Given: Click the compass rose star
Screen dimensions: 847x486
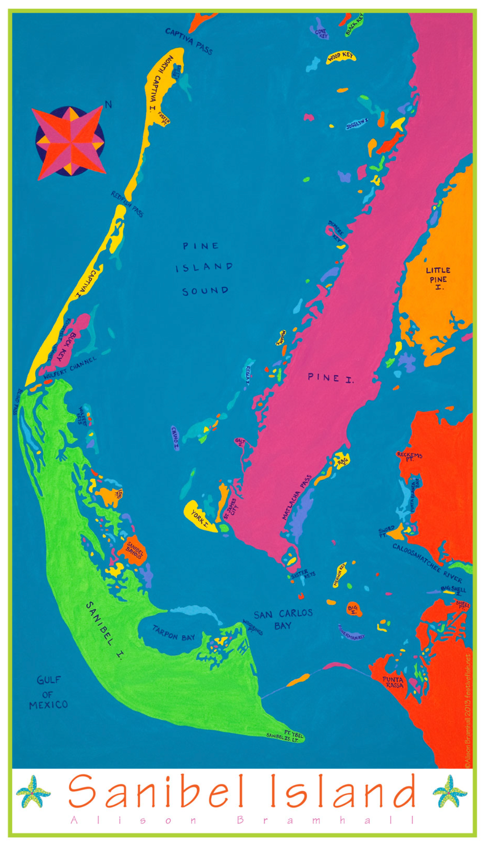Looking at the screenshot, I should click(x=69, y=143).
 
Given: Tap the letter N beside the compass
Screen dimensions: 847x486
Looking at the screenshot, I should click(x=108, y=104).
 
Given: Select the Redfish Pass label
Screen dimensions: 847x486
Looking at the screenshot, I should click(x=127, y=203).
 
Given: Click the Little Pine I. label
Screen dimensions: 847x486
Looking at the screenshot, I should click(x=438, y=278).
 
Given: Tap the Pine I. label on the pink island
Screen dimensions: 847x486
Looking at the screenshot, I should click(x=330, y=378).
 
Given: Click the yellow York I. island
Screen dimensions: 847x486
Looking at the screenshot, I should click(x=200, y=517).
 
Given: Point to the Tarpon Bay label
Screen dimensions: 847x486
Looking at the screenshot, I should click(x=174, y=633).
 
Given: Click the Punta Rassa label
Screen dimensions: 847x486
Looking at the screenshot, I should click(x=394, y=682).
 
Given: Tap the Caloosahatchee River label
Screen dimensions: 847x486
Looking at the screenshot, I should click(x=427, y=563).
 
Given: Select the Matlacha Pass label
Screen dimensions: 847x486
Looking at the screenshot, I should click(x=297, y=497).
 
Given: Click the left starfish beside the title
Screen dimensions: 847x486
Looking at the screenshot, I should click(x=33, y=791).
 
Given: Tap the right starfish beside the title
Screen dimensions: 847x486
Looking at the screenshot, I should click(x=449, y=791).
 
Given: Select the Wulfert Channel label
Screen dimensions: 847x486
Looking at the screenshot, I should click(x=70, y=368).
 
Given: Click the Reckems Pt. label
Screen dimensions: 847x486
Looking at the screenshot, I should click(x=409, y=457).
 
